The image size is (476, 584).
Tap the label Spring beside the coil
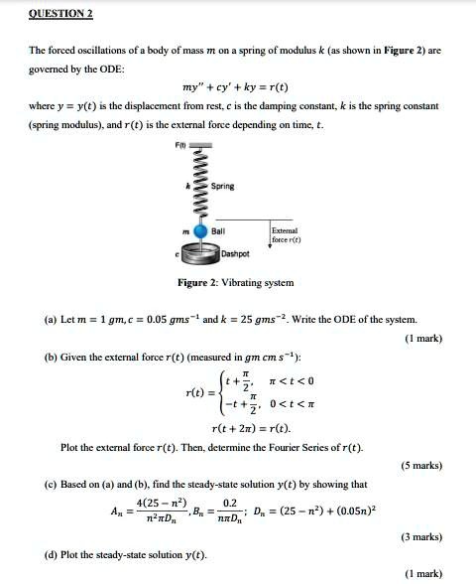pos(223,187)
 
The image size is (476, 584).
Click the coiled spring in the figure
pos(199,186)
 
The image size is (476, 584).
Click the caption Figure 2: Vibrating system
pos(234,283)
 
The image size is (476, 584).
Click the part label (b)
pos(51,358)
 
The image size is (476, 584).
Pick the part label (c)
pos(51,484)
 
